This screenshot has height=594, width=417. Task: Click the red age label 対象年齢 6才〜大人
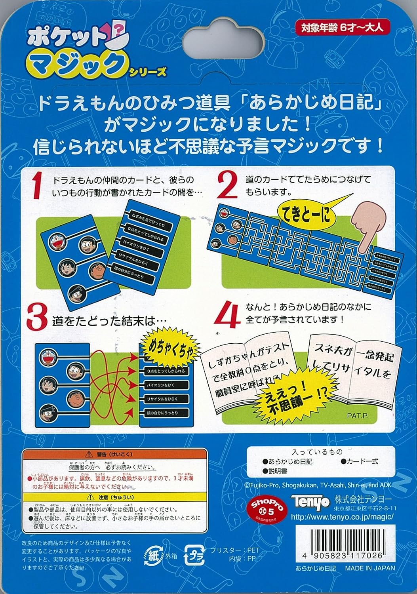[x=339, y=28]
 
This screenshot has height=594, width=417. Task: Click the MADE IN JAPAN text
[x=369, y=568]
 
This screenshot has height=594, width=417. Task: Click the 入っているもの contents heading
[x=317, y=451]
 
